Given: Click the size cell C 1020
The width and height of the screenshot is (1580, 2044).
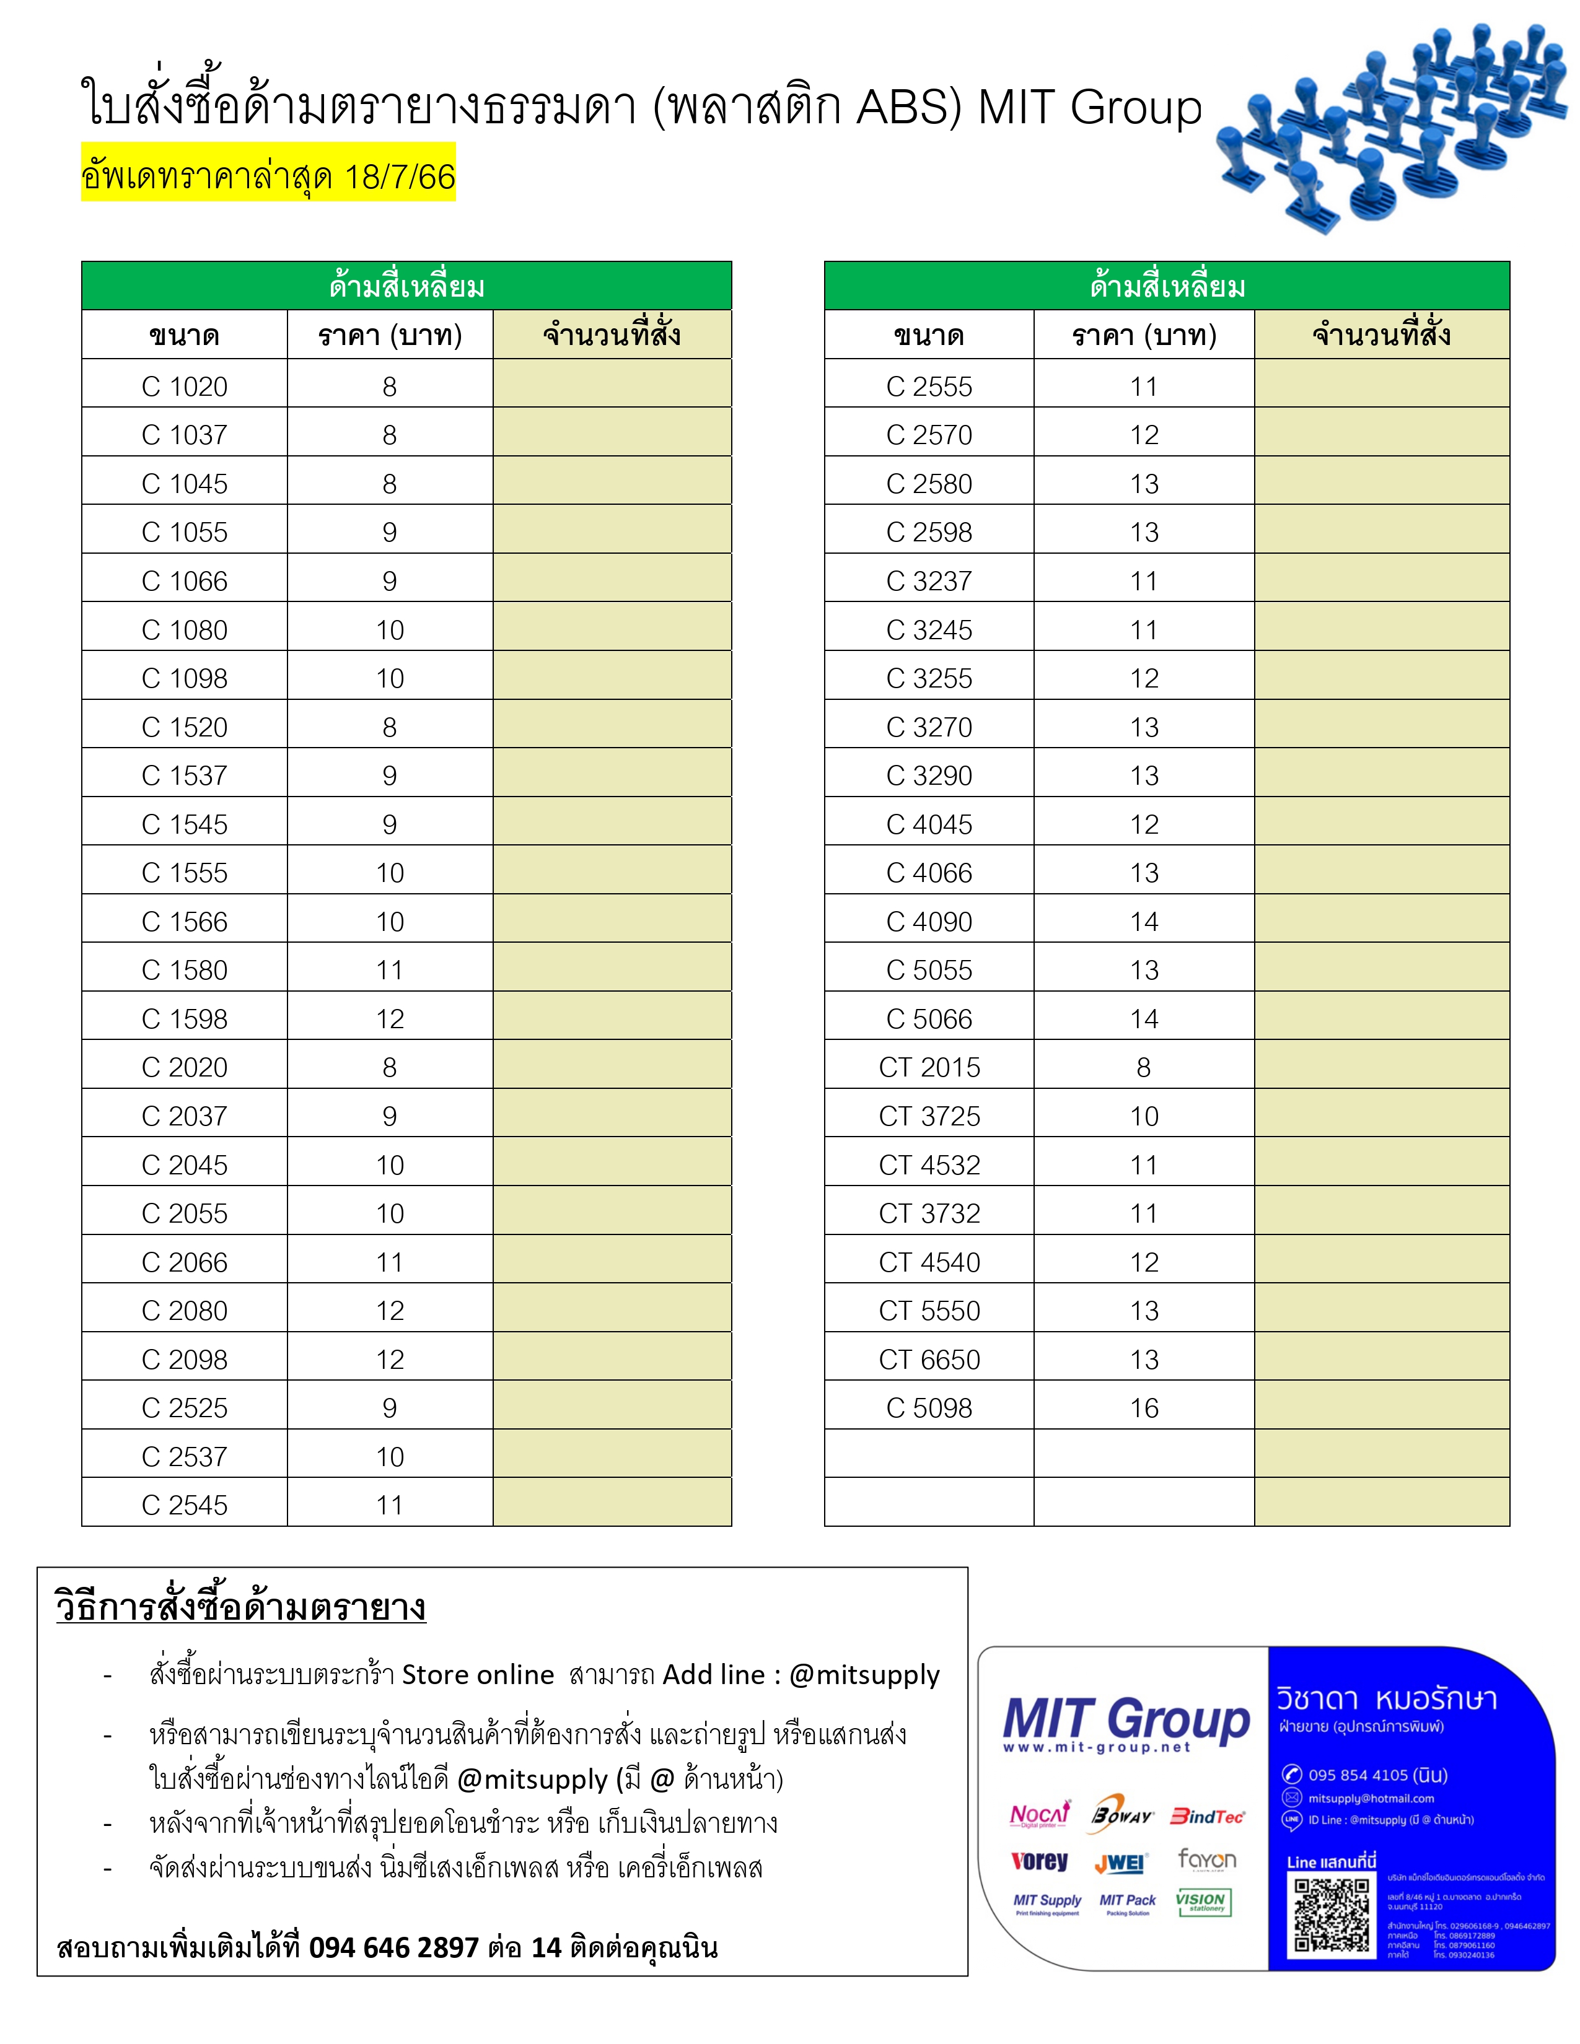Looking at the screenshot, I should click(x=185, y=387).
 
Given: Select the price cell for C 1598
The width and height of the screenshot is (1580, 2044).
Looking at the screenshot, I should click(x=389, y=1019).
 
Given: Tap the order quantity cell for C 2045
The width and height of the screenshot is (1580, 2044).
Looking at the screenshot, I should click(x=612, y=1165).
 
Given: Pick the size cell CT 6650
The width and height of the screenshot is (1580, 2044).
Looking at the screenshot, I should click(x=929, y=1360).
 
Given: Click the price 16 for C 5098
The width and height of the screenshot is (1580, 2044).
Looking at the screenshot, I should click(x=1144, y=1409).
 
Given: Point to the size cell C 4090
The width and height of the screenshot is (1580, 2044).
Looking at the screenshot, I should click(x=929, y=922).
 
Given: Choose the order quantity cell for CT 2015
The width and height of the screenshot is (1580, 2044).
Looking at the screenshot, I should click(x=1382, y=1068).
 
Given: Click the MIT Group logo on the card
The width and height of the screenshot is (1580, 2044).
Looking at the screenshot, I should click(x=1126, y=1721).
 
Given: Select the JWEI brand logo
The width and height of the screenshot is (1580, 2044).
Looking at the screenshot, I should click(x=1120, y=1863).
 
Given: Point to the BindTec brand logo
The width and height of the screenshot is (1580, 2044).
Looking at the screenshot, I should click(x=1208, y=1817).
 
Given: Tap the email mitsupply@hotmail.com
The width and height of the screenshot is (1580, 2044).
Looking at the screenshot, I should click(x=1371, y=1798).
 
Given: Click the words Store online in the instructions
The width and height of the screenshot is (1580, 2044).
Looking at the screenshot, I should click(x=477, y=1674).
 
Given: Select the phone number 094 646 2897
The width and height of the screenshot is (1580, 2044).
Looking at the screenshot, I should click(x=393, y=1947).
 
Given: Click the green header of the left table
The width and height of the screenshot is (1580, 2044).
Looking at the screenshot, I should click(x=406, y=286).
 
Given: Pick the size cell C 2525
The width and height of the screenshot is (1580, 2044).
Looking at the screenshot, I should click(x=185, y=1409).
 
